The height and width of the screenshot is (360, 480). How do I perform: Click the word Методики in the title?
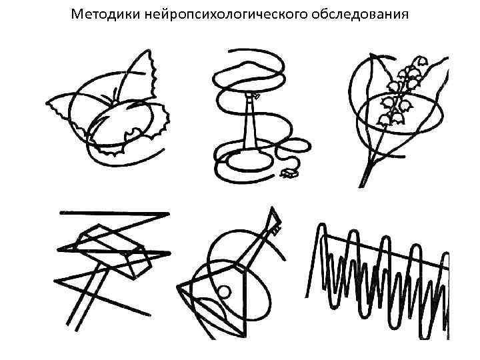pyautogui.click(x=105, y=14)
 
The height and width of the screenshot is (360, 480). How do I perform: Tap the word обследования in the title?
pyautogui.click(x=360, y=14)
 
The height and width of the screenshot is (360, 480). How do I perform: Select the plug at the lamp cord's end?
pyautogui.click(x=289, y=173)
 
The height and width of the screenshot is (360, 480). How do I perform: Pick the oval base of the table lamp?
pyautogui.click(x=250, y=160)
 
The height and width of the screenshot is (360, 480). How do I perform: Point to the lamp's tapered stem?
pyautogui.click(x=251, y=123)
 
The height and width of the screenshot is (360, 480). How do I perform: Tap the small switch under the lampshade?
pyautogui.click(x=257, y=97)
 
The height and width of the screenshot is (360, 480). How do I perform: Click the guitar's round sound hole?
pyautogui.click(x=224, y=293)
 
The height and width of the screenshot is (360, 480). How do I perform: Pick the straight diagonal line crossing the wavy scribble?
pyautogui.click(x=386, y=251)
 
